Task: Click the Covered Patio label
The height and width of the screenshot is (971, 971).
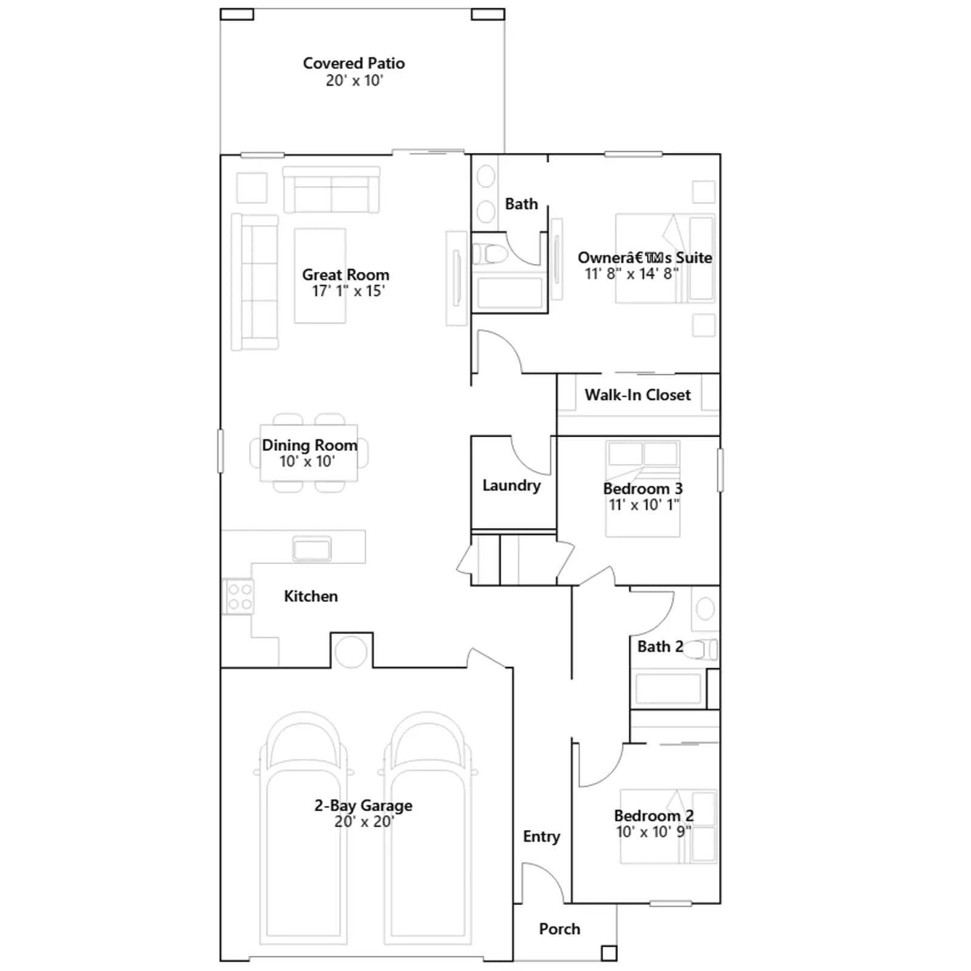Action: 354,63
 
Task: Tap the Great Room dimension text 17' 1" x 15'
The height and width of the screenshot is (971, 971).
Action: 348,291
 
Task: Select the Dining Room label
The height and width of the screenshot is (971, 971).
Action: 310,445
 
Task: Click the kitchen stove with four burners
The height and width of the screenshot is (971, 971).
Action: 239,597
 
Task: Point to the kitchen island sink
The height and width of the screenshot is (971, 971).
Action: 312,549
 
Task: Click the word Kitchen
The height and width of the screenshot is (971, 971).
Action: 311,597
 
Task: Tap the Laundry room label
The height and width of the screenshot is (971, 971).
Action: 512,486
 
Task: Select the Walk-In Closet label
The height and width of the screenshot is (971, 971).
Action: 638,395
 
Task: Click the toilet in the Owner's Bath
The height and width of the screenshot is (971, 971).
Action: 489,254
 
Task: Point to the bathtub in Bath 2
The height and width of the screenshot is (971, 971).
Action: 668,689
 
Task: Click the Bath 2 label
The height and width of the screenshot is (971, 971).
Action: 660,647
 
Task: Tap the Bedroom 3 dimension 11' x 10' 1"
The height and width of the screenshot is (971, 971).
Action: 644,505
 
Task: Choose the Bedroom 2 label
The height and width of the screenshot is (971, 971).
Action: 654,816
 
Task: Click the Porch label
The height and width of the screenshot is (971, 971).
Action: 560,929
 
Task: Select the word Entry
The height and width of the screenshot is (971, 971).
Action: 541,837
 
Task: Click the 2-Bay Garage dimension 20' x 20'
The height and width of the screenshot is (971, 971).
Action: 364,822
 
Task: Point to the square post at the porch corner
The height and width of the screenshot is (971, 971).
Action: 609,953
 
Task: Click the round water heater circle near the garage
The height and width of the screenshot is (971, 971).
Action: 351,652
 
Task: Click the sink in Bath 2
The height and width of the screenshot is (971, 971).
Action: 705,609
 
